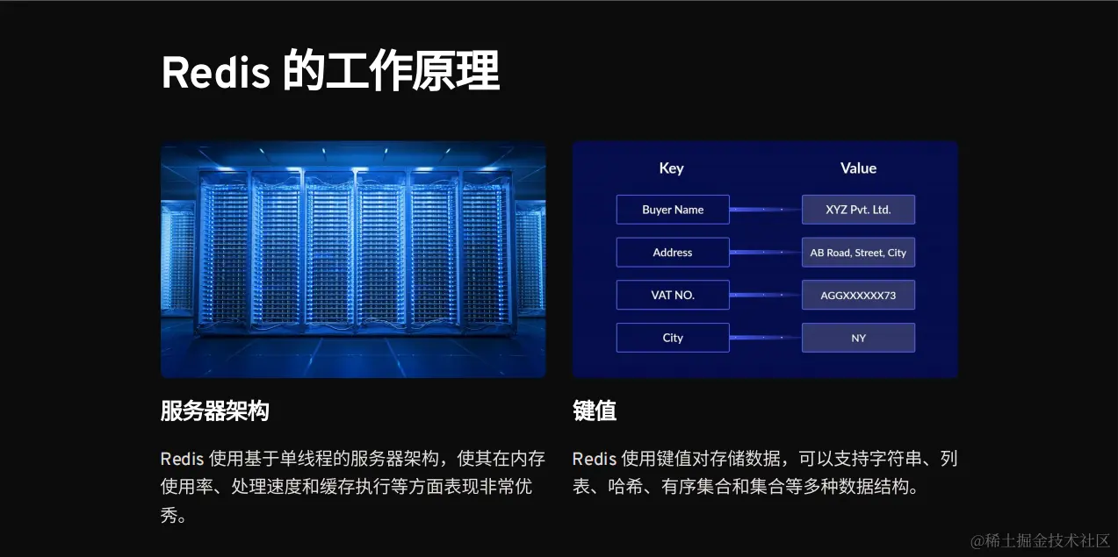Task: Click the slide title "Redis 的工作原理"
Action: pyautogui.click(x=330, y=72)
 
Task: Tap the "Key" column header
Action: pyautogui.click(x=671, y=168)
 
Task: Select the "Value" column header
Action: pyautogui.click(x=858, y=168)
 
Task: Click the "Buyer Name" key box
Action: pyautogui.click(x=673, y=210)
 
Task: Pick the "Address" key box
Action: pyautogui.click(x=673, y=253)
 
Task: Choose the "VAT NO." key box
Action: pyautogui.click(x=673, y=296)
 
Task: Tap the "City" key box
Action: pyautogui.click(x=673, y=338)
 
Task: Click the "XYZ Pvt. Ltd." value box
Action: pyautogui.click(x=858, y=210)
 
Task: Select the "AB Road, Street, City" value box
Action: pyautogui.click(x=858, y=253)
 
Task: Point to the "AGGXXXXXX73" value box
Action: pyautogui.click(x=858, y=296)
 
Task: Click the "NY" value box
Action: pyautogui.click(x=858, y=338)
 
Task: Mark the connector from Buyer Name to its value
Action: pyautogui.click(x=765, y=210)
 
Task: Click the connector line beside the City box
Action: pyautogui.click(x=765, y=338)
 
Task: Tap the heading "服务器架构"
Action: pyautogui.click(x=214, y=411)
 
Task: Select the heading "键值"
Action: pyautogui.click(x=595, y=411)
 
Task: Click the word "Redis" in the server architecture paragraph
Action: pyautogui.click(x=182, y=459)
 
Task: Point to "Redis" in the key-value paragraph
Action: pyautogui.click(x=594, y=459)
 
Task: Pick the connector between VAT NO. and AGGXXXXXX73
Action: pyautogui.click(x=765, y=296)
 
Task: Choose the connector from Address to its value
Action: pyautogui.click(x=765, y=253)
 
